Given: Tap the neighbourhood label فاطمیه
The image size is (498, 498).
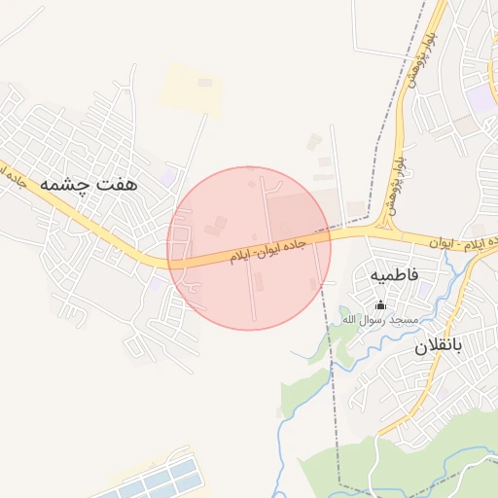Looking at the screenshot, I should pyautogui.click(x=394, y=275).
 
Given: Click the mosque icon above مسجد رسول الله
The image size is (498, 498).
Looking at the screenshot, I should pyautogui.click(x=379, y=304).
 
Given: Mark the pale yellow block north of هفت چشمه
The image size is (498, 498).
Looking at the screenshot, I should pyautogui.click(x=191, y=87).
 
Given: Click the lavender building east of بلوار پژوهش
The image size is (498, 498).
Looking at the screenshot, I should pyautogui.click(x=480, y=100).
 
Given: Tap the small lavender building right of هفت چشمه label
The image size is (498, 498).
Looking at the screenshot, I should pyautogui.click(x=169, y=178).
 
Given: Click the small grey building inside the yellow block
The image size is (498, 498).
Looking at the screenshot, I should pyautogui.click(x=205, y=83).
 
